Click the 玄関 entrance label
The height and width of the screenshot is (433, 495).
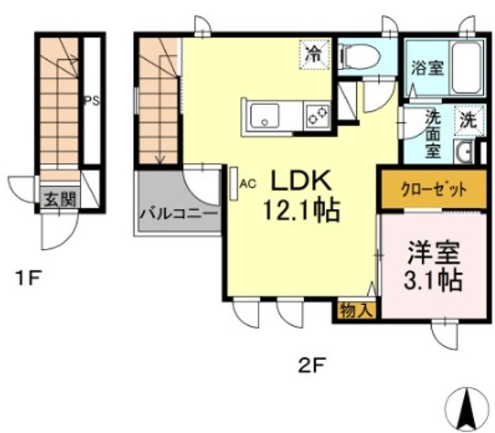(x=60, y=200)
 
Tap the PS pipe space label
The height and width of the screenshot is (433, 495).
(x=92, y=102)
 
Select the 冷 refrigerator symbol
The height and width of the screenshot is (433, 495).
(x=314, y=54)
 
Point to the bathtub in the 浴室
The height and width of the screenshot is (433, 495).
(x=466, y=68)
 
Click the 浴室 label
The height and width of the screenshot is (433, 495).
(x=428, y=67)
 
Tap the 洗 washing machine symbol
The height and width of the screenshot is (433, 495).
(x=468, y=120)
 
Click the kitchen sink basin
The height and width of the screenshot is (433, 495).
(x=265, y=115)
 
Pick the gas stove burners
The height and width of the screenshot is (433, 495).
(x=317, y=115)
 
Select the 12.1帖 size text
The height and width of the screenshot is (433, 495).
(x=301, y=210)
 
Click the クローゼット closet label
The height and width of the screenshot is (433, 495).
(x=433, y=190)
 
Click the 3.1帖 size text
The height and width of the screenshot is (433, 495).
(x=433, y=279)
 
